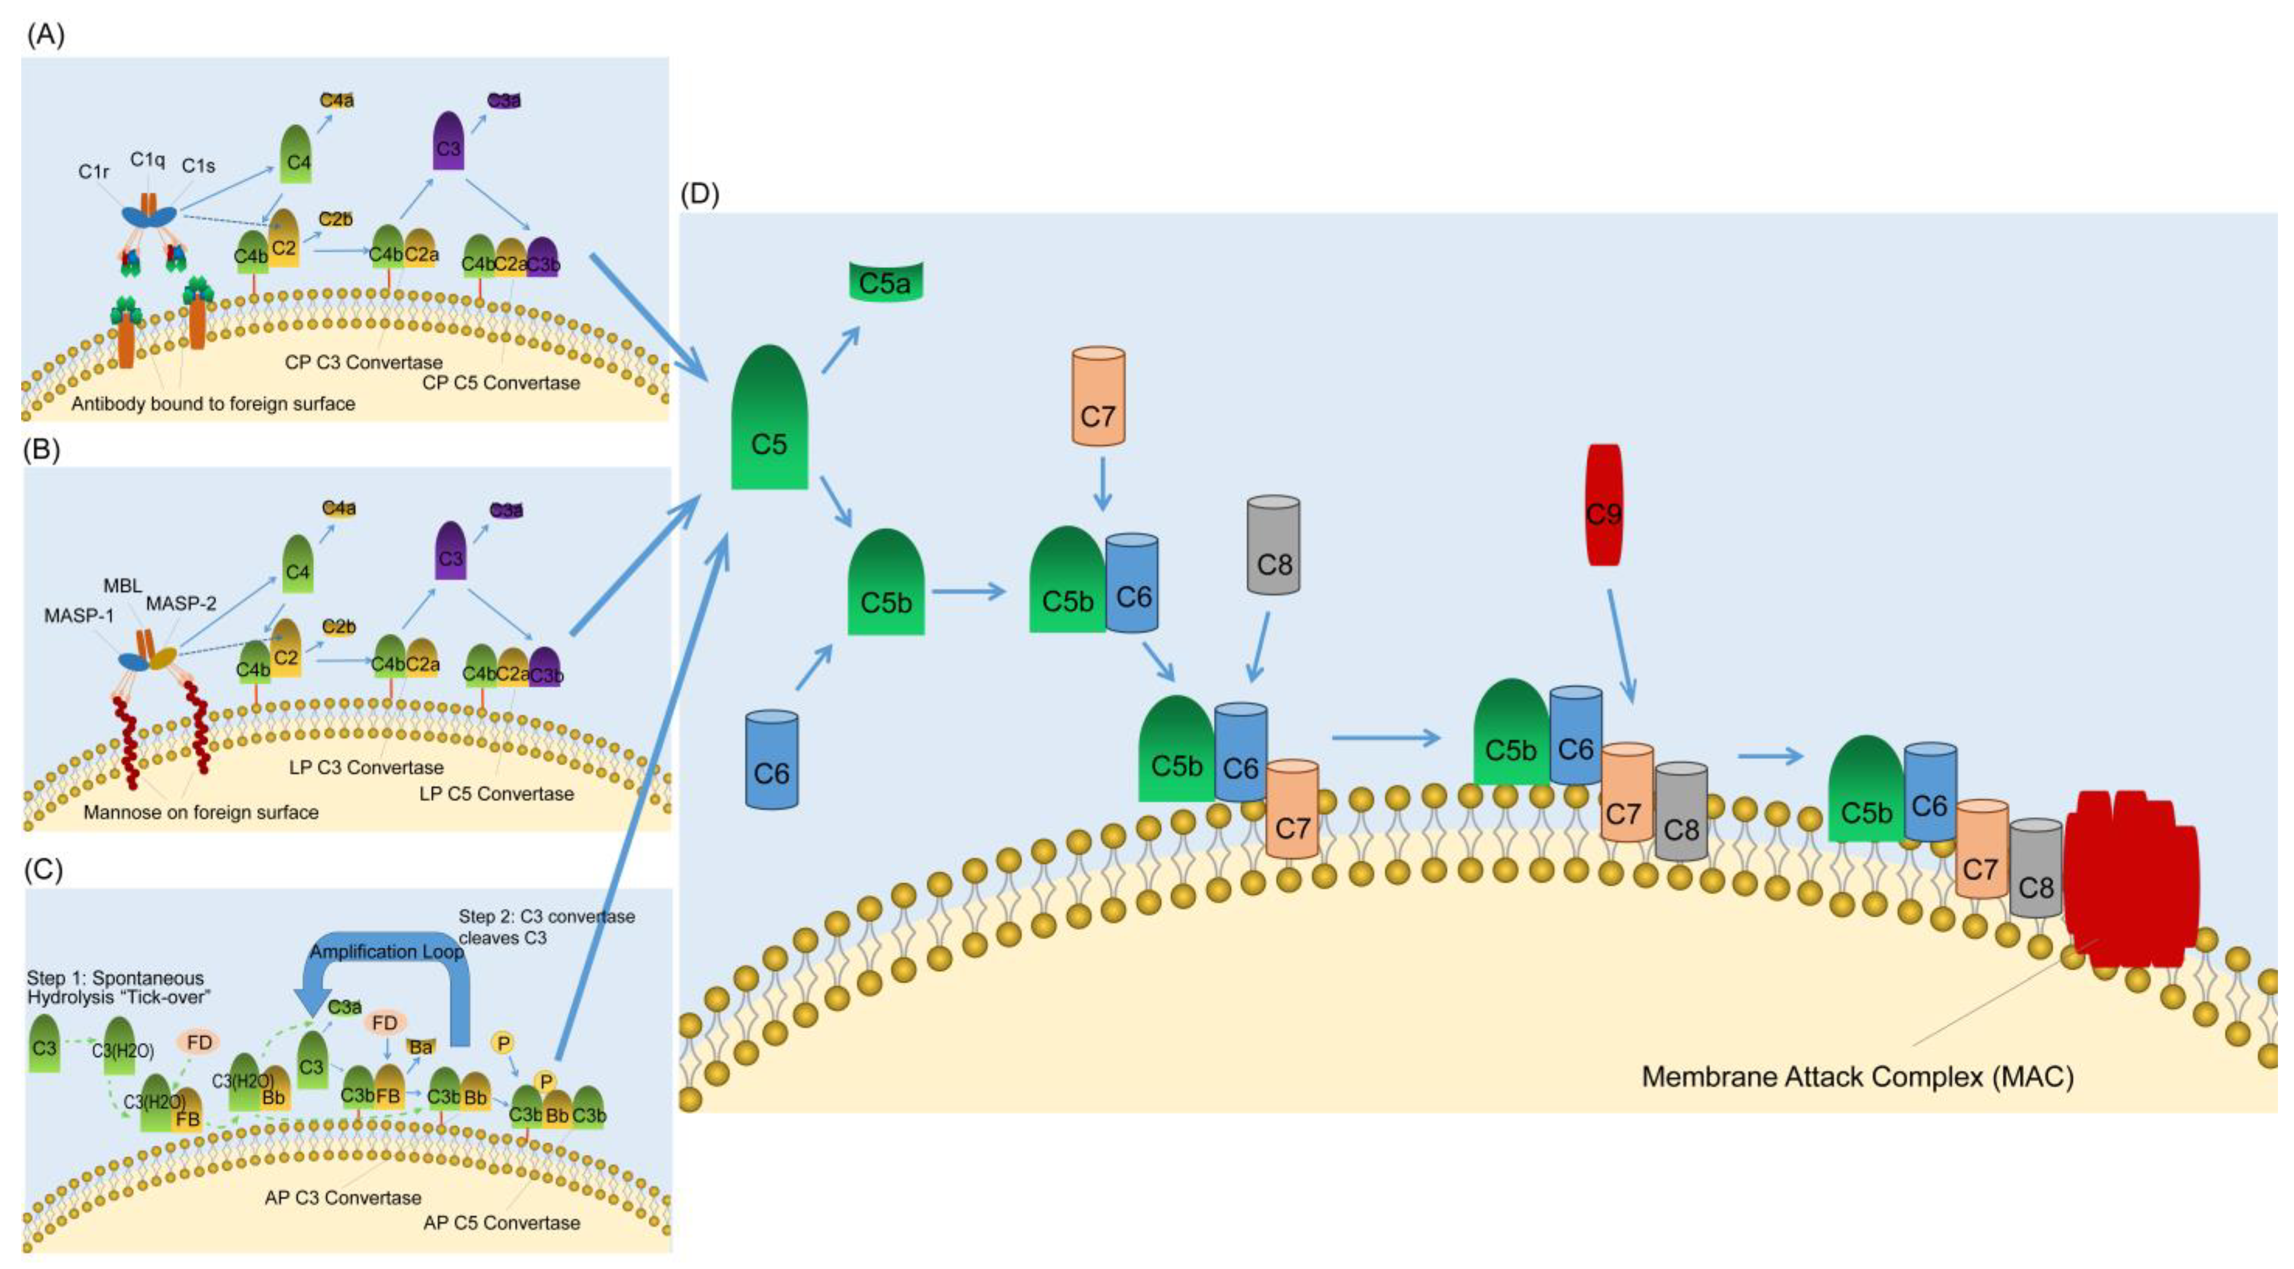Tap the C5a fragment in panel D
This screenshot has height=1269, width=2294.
pyautogui.click(x=884, y=282)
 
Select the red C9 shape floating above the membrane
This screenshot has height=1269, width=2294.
pyautogui.click(x=1604, y=506)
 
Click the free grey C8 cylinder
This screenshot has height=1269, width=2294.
pyautogui.click(x=1273, y=545)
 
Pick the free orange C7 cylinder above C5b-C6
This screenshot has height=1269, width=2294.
pyautogui.click(x=1097, y=397)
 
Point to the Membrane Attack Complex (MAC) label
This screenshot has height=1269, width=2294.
pyautogui.click(x=1857, y=1076)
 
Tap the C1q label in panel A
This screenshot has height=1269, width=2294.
pyautogui.click(x=148, y=159)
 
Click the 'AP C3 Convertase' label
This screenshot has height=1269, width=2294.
pyautogui.click(x=343, y=1198)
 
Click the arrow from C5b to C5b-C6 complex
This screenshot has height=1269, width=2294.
pyautogui.click(x=968, y=591)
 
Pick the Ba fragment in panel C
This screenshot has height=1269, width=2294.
pyautogui.click(x=420, y=1046)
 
